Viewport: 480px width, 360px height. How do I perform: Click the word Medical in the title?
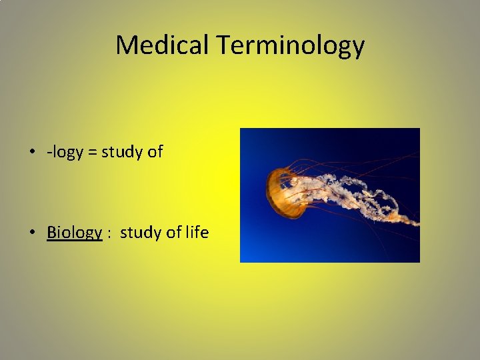[162, 45]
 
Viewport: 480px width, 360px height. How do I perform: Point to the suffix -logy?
[65, 153]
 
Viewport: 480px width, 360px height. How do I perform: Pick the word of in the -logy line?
[155, 152]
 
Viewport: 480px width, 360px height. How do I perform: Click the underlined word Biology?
[74, 233]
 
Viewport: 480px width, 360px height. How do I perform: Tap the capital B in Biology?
[51, 232]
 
